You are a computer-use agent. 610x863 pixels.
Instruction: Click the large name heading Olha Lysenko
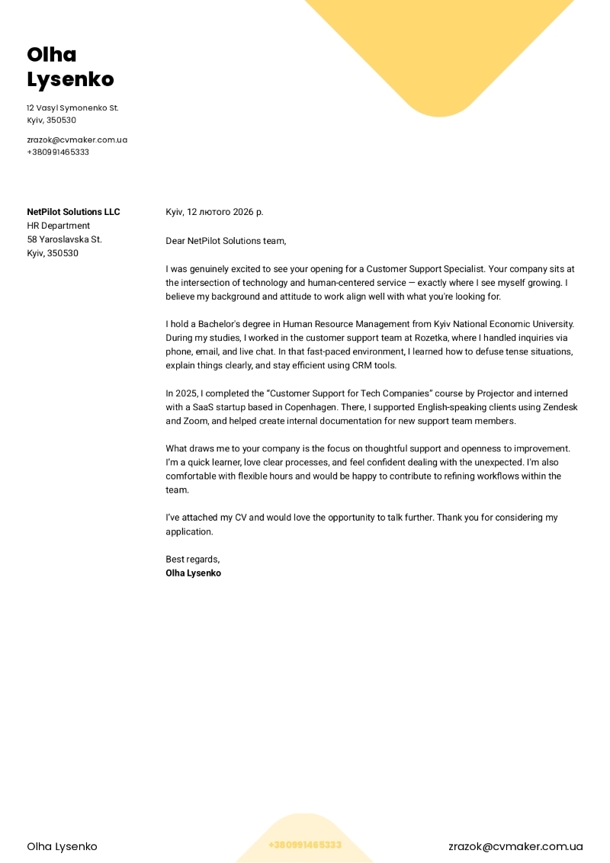pos(70,67)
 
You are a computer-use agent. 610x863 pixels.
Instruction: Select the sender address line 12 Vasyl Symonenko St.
pos(72,108)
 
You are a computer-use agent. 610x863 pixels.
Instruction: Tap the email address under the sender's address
pos(77,140)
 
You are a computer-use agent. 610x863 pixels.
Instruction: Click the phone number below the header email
pos(58,152)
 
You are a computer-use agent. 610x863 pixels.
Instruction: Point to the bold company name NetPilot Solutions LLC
pos(73,212)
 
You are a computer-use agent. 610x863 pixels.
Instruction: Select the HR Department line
pos(58,226)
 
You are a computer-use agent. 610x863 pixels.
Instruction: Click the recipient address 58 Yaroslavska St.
pos(64,239)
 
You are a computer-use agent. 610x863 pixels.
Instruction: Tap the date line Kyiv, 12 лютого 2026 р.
pos(214,212)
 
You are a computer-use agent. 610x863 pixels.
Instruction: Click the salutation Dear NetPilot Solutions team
pos(226,241)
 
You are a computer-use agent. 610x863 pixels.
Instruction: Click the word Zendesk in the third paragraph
pos(560,407)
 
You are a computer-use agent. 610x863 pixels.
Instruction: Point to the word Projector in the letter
pos(496,393)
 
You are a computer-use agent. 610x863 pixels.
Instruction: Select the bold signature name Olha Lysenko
pos(193,573)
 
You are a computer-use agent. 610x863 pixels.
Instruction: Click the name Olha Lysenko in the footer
pos(62,846)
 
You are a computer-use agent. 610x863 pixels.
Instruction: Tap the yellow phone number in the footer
pos(305,845)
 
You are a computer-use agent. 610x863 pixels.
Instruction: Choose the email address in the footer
pos(515,846)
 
